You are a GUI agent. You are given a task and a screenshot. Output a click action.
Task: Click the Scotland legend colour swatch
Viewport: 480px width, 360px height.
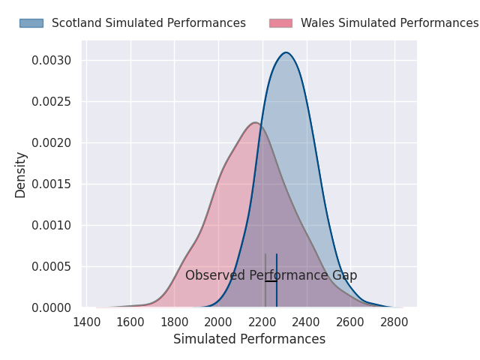point(31,23)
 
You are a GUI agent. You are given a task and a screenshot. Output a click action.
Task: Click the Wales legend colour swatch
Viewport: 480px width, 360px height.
point(280,23)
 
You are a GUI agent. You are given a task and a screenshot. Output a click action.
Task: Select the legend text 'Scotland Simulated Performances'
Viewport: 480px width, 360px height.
point(148,23)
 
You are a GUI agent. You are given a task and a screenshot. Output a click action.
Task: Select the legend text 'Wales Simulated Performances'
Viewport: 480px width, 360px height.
point(389,23)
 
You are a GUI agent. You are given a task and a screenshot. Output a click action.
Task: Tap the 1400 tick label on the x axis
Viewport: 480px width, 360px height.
point(87,322)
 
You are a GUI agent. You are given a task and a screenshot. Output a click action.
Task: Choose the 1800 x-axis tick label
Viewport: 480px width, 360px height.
point(175,322)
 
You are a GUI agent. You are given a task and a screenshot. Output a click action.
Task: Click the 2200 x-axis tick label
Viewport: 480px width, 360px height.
point(262,322)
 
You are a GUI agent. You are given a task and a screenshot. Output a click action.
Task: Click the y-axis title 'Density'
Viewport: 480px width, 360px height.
point(21,175)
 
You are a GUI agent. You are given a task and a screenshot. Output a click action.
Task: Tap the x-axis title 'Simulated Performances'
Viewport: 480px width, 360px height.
point(249,340)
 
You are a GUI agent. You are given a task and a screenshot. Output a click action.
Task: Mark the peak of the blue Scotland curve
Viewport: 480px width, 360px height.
point(286,52)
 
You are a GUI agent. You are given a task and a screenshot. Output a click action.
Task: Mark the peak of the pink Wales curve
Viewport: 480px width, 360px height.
point(255,123)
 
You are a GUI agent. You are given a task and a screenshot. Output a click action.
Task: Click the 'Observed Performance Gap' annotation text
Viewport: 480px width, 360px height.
point(271,275)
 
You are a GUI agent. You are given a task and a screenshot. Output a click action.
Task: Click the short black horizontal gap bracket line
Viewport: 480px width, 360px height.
point(271,281)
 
